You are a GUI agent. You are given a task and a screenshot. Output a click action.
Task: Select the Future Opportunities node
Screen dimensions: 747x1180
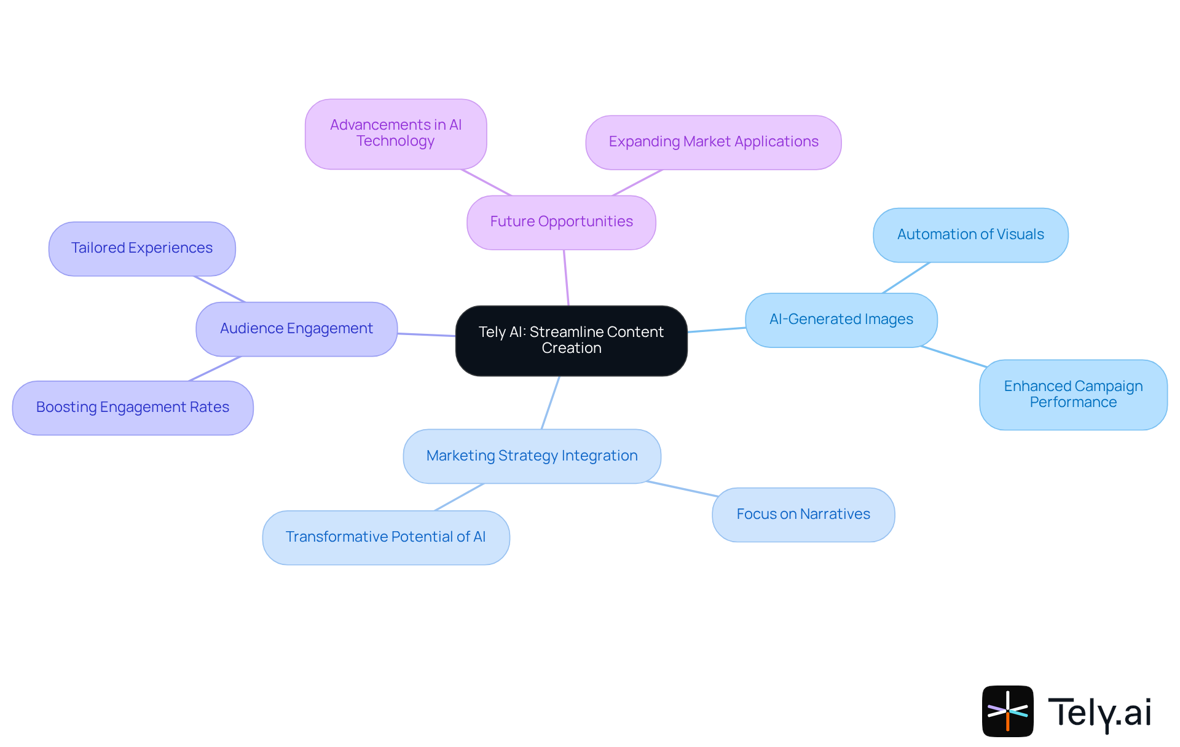coord(561,222)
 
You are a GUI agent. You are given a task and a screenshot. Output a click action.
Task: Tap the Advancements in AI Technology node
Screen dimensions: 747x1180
coord(396,133)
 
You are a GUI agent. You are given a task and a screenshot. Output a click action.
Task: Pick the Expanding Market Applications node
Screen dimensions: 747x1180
coord(713,142)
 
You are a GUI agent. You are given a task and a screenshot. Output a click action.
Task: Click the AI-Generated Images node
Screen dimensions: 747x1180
coord(841,320)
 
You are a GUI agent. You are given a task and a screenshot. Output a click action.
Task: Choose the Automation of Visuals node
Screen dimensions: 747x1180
coord(970,235)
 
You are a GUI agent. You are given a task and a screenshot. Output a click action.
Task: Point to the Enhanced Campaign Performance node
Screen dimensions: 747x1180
coord(1072,394)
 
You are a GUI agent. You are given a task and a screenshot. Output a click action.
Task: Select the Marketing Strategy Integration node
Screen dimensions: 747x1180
coord(532,456)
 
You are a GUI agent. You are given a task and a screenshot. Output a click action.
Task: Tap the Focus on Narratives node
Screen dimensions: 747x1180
coord(803,515)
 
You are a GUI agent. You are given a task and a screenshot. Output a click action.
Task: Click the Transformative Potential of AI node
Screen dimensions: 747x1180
coord(385,537)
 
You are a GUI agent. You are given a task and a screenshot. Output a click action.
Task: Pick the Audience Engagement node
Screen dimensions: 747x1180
coord(296,329)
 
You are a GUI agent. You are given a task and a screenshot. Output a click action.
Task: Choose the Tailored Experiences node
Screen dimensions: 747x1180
coord(141,248)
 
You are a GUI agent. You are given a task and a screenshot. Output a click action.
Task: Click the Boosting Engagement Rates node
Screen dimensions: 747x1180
coord(132,408)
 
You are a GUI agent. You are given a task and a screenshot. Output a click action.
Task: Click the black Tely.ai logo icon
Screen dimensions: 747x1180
coord(1007,711)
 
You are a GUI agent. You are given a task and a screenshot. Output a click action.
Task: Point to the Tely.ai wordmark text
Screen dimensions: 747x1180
coord(1099,713)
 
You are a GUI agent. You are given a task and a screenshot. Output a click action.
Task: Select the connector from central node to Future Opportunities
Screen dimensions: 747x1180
coord(566,277)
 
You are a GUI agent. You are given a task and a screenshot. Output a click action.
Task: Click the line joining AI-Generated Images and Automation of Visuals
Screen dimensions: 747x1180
coord(906,277)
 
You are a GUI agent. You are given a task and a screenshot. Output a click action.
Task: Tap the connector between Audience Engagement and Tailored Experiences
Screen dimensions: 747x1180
coord(219,289)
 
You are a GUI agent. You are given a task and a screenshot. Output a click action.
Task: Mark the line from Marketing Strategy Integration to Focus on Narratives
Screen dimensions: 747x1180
coord(682,489)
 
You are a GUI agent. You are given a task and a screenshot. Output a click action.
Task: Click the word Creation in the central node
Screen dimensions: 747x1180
coord(572,349)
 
